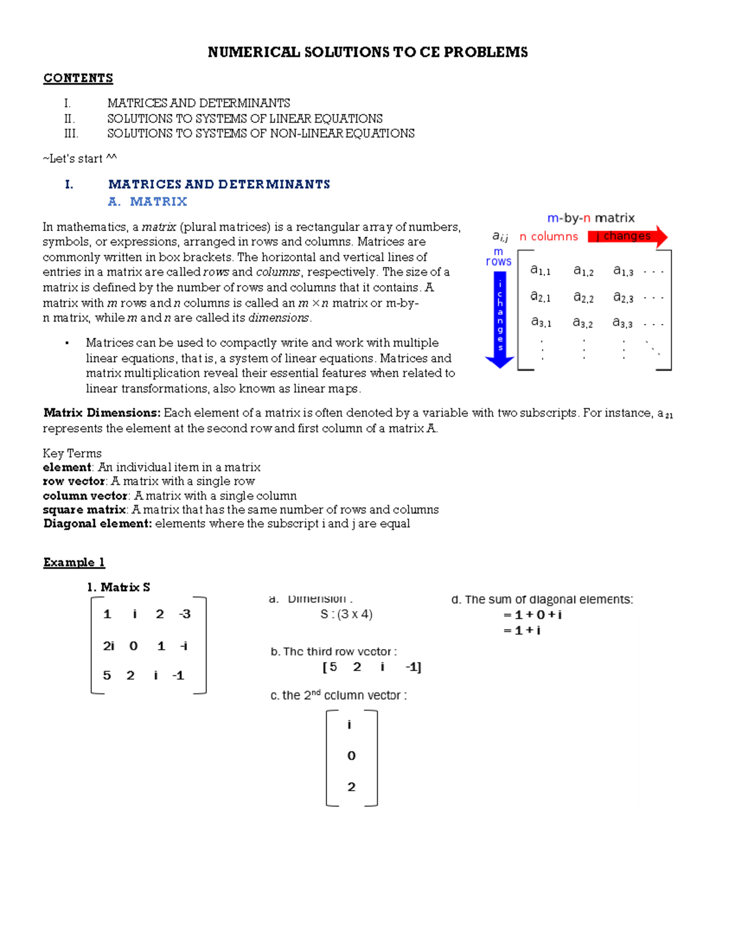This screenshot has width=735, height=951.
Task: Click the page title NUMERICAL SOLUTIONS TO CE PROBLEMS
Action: pos(367,52)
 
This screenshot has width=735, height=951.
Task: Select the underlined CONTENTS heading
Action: pos(78,78)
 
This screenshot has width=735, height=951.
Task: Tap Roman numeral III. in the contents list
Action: pos(71,133)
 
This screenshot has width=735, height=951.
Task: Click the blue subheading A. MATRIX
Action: pos(148,201)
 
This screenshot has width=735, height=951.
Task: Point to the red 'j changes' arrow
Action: pos(627,236)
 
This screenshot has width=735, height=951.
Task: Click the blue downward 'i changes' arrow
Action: pos(500,318)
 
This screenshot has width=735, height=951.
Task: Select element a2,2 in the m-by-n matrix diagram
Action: pos(583,297)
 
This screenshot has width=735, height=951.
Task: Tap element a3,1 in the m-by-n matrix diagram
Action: pos(541,322)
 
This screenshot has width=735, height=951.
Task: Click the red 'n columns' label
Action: pos(548,236)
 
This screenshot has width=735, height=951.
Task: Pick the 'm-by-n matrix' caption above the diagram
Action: pos(590,218)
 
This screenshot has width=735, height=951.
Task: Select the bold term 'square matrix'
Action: pos(85,509)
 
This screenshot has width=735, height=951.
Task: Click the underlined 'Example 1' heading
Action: pos(74,562)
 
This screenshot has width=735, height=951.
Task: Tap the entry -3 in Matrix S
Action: pos(184,614)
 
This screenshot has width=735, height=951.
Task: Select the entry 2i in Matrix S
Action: pos(108,645)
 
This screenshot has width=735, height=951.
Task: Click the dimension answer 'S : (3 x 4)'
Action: pos(346,614)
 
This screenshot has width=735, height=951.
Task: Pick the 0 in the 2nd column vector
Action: pos(351,756)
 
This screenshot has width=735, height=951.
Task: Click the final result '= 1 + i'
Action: pos(522,630)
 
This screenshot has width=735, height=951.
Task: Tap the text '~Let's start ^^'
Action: pos(80,159)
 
